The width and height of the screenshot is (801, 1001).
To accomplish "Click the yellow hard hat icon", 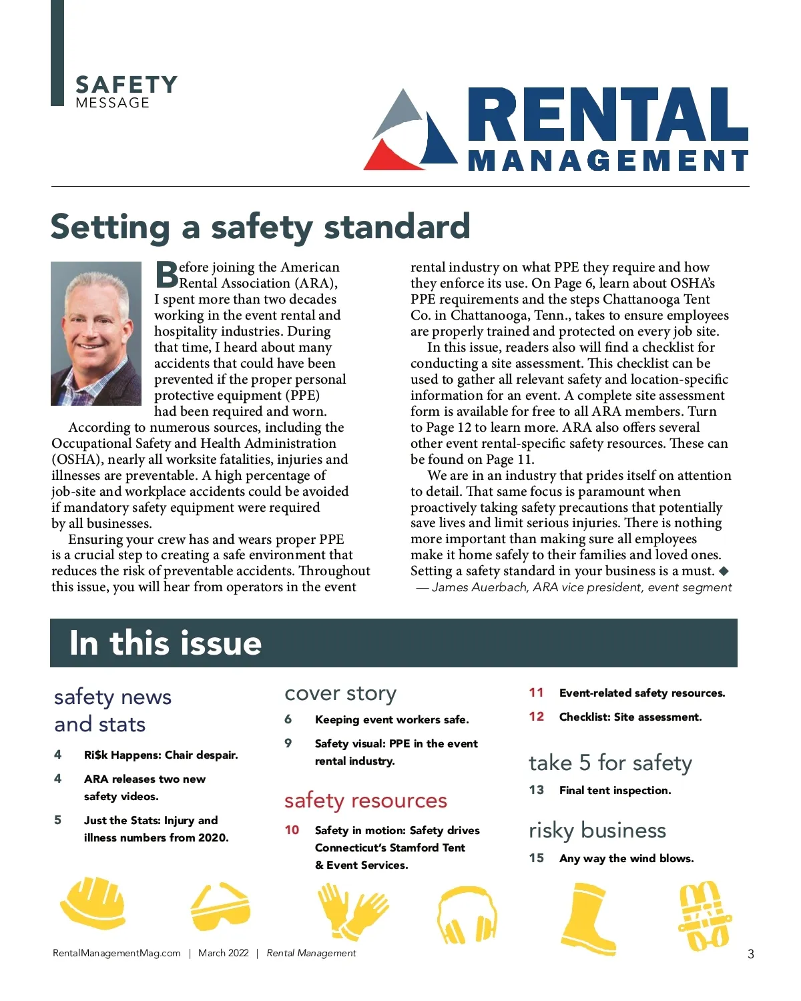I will [93, 904].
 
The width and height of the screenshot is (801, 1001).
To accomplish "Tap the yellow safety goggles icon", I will [220, 907].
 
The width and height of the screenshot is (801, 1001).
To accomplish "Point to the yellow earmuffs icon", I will [467, 915].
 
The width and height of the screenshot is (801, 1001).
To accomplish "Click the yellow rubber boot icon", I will [587, 918].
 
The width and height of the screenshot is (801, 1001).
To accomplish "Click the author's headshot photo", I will [96, 334].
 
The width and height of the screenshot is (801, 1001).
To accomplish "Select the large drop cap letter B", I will [166, 274].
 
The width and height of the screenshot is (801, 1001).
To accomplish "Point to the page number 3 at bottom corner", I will [750, 954].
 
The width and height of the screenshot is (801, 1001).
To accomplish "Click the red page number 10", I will [292, 830].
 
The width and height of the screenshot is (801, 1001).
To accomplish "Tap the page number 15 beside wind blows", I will [536, 858].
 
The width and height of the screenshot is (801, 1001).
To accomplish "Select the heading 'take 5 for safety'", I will [610, 763].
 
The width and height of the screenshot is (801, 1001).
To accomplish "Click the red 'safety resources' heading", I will [365, 800].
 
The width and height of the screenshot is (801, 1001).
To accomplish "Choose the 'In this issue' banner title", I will [165, 643].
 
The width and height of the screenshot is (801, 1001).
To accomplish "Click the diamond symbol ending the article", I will [724, 571].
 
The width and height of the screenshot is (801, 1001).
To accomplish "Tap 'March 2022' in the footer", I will [224, 953].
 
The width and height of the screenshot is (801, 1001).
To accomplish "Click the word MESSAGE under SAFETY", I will [112, 103].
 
